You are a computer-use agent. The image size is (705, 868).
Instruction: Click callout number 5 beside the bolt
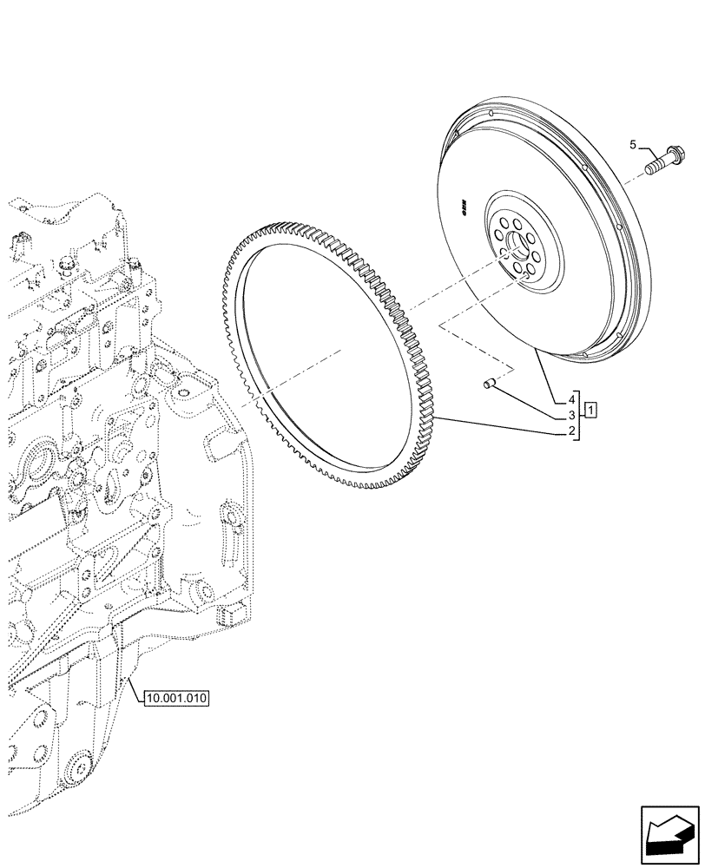[633, 144]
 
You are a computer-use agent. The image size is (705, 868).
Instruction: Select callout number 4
[571, 399]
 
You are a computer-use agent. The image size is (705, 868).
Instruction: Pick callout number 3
[571, 416]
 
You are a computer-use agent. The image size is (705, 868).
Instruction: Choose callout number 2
[571, 432]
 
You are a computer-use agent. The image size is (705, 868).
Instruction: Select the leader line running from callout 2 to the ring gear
[504, 425]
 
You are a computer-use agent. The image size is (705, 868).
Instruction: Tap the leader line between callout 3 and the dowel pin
[530, 399]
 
